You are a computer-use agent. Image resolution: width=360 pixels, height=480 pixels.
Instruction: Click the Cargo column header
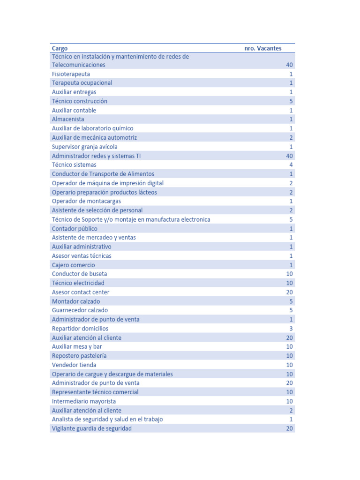pyautogui.click(x=60, y=48)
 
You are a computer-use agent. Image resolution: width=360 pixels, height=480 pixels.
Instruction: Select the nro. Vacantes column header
pyautogui.click(x=263, y=48)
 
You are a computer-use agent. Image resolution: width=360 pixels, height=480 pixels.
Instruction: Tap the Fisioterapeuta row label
pyautogui.click(x=71, y=74)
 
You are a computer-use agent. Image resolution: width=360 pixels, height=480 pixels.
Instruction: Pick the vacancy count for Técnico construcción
pyautogui.click(x=291, y=101)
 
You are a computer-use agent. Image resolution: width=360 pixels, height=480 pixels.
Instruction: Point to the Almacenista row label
pyautogui.click(x=68, y=120)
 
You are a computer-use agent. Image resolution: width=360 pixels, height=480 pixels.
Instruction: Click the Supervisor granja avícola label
pyautogui.click(x=84, y=147)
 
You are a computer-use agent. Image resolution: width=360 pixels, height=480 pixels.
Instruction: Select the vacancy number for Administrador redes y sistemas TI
pyautogui.click(x=289, y=156)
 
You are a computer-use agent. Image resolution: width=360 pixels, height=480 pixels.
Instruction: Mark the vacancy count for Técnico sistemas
pyautogui.click(x=291, y=165)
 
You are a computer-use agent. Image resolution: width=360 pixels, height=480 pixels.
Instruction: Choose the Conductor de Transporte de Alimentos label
pyautogui.click(x=103, y=174)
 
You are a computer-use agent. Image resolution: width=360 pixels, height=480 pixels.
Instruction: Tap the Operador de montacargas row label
pyautogui.click(x=86, y=201)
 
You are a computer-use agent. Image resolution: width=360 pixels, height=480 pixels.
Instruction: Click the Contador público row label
pyautogui.click(x=75, y=229)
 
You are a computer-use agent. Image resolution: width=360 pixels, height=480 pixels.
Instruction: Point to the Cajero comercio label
pyautogui.click(x=73, y=265)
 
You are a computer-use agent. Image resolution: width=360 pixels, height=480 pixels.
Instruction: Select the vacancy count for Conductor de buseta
pyautogui.click(x=289, y=274)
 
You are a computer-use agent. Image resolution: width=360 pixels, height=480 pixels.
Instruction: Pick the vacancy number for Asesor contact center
pyautogui.click(x=289, y=292)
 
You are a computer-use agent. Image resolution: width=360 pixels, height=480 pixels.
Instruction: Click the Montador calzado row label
pyautogui.click(x=75, y=301)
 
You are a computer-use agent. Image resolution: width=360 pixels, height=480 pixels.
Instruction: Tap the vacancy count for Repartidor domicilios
pyautogui.click(x=291, y=329)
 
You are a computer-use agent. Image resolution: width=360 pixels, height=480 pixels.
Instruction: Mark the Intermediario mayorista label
pyautogui.click(x=83, y=401)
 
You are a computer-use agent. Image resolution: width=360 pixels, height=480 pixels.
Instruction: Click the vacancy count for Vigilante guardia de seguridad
pyautogui.click(x=289, y=428)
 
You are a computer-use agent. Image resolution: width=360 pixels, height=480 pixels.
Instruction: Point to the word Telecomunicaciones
pyautogui.click(x=78, y=65)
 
